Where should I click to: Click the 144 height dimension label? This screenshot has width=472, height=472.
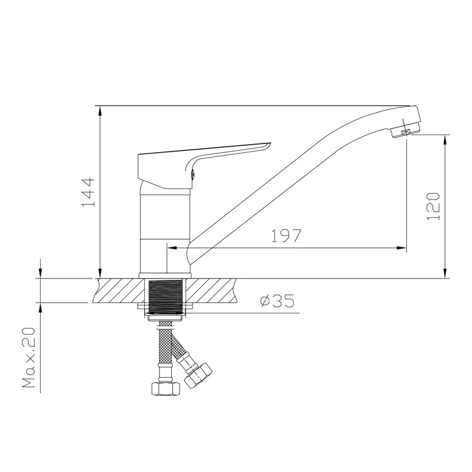point(88,192)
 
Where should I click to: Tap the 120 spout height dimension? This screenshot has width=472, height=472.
point(434,206)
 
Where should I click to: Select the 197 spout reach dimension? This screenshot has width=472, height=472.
point(286,235)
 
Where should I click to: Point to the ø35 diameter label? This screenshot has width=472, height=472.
point(277,301)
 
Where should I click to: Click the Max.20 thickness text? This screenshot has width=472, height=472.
point(29,358)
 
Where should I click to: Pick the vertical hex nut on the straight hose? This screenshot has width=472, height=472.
point(165,388)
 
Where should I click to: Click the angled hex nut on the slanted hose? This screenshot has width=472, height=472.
point(198,375)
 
